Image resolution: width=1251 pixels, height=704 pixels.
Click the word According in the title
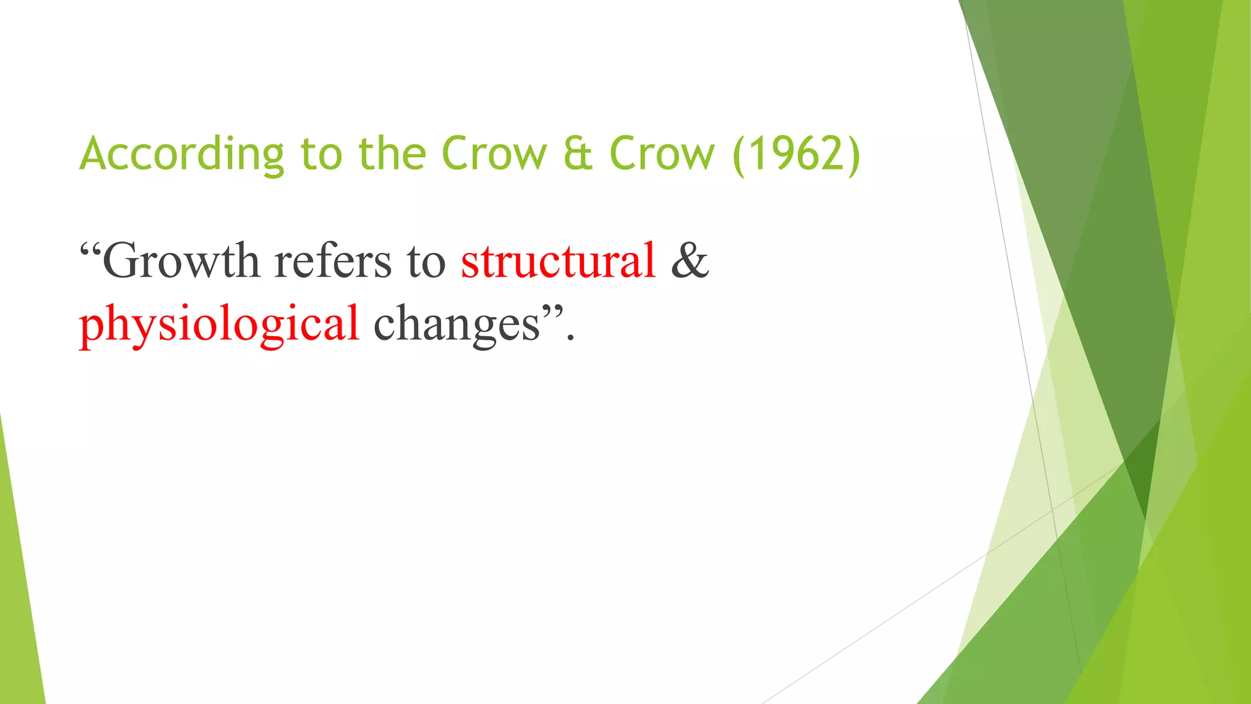point(181,154)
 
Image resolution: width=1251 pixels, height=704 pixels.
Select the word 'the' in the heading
point(392,154)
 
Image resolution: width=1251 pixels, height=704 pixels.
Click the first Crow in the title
point(494,154)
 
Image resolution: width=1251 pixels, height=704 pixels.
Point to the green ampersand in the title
point(578,154)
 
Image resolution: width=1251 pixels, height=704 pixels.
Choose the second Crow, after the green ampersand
point(662,154)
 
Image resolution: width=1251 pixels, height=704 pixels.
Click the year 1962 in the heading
point(797,154)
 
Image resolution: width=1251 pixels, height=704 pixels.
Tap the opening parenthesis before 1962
point(739,155)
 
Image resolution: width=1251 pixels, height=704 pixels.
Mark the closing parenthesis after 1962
point(854,155)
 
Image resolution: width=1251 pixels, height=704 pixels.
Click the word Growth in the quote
point(181,262)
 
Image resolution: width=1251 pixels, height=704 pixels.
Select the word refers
point(333,262)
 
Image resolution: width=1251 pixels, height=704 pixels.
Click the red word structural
point(558,262)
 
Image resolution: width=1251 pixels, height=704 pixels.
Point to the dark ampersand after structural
point(690,262)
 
